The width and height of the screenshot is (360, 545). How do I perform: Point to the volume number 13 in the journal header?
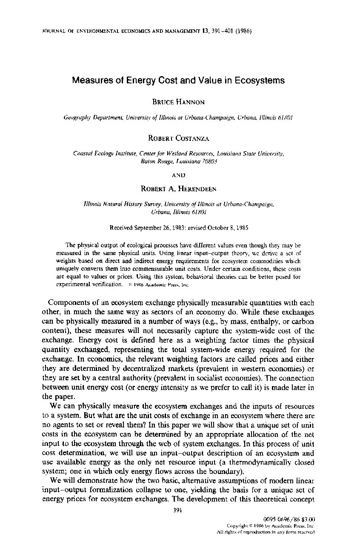point(206,32)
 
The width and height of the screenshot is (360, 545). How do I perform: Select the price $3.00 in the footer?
point(307,519)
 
